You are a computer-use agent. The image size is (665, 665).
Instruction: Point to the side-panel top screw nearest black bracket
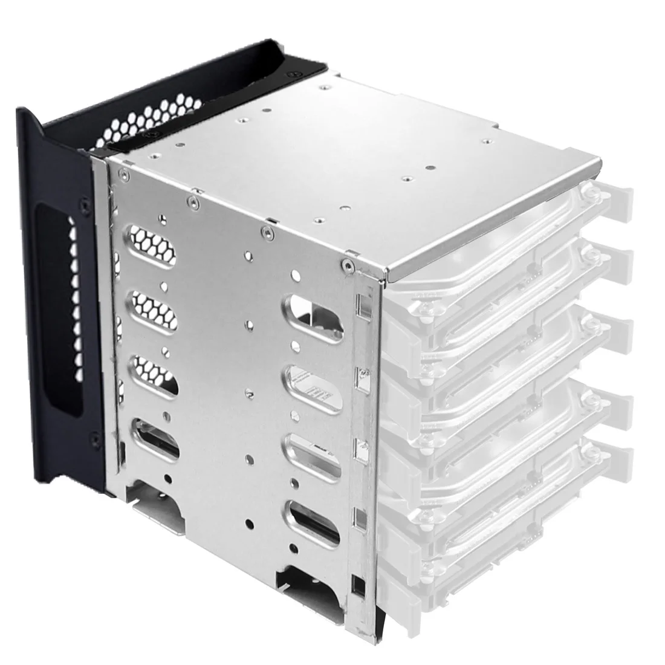(123, 175)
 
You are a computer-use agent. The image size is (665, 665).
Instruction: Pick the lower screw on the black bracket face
(92, 435)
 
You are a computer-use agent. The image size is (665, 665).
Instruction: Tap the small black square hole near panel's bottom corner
(360, 585)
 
